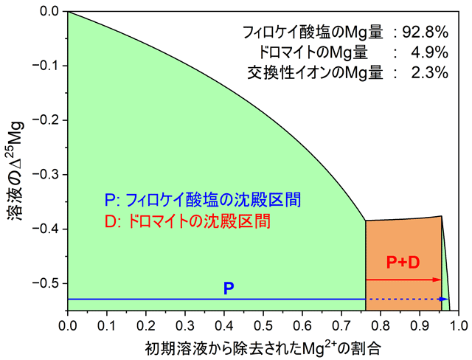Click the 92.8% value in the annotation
point(426,32)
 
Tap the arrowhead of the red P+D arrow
point(437,280)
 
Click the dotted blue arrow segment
point(406,299)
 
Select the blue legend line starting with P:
point(203,200)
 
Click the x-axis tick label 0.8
point(381,324)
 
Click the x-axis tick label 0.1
point(107,324)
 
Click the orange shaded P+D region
point(403,243)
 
